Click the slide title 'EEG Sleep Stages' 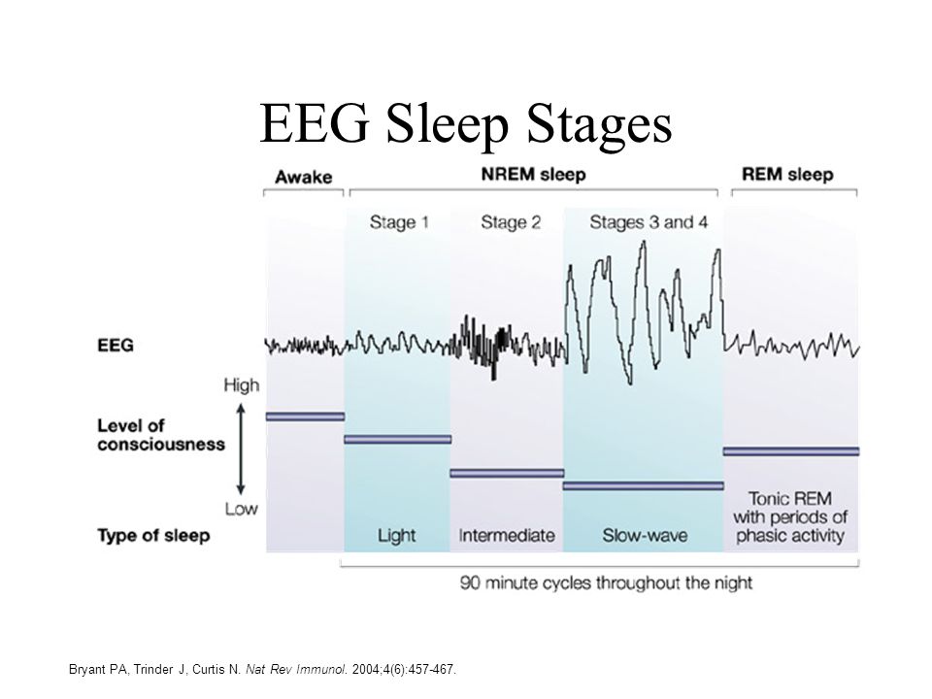pyautogui.click(x=465, y=123)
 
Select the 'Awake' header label pyautogui.click(x=303, y=177)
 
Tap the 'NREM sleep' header pyautogui.click(x=533, y=175)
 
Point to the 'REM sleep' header pyautogui.click(x=787, y=175)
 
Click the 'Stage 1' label pyautogui.click(x=399, y=222)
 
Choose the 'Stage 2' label pyautogui.click(x=511, y=222)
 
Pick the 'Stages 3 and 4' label pyautogui.click(x=649, y=222)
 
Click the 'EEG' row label pyautogui.click(x=116, y=346)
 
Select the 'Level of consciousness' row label pyautogui.click(x=161, y=435)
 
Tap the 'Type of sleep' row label pyautogui.click(x=153, y=536)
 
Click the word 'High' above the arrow pyautogui.click(x=242, y=385)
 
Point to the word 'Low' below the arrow pyautogui.click(x=242, y=509)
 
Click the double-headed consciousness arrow pyautogui.click(x=240, y=449)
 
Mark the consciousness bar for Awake pyautogui.click(x=305, y=416)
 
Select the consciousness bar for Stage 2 pyautogui.click(x=507, y=474)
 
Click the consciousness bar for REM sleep pyautogui.click(x=791, y=451)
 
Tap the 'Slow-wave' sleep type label pyautogui.click(x=645, y=536)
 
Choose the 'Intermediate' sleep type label pyautogui.click(x=507, y=536)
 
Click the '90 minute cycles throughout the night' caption pyautogui.click(x=606, y=582)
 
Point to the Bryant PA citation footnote pyautogui.click(x=263, y=669)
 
